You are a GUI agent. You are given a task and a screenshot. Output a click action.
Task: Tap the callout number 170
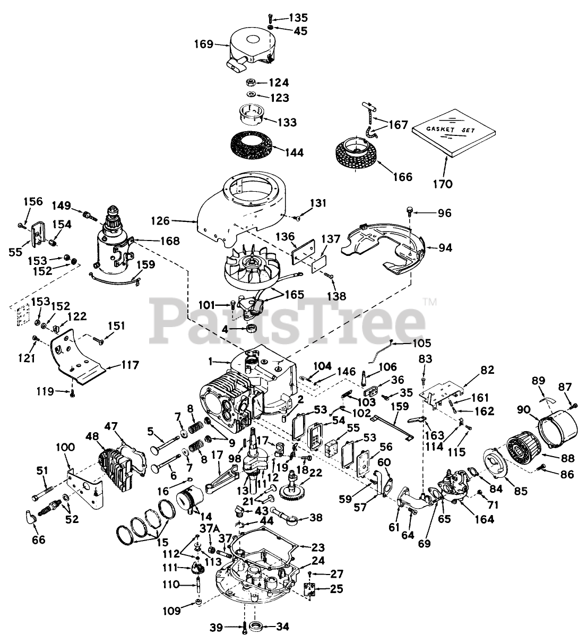443,184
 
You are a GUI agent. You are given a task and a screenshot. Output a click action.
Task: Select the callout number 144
293,153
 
